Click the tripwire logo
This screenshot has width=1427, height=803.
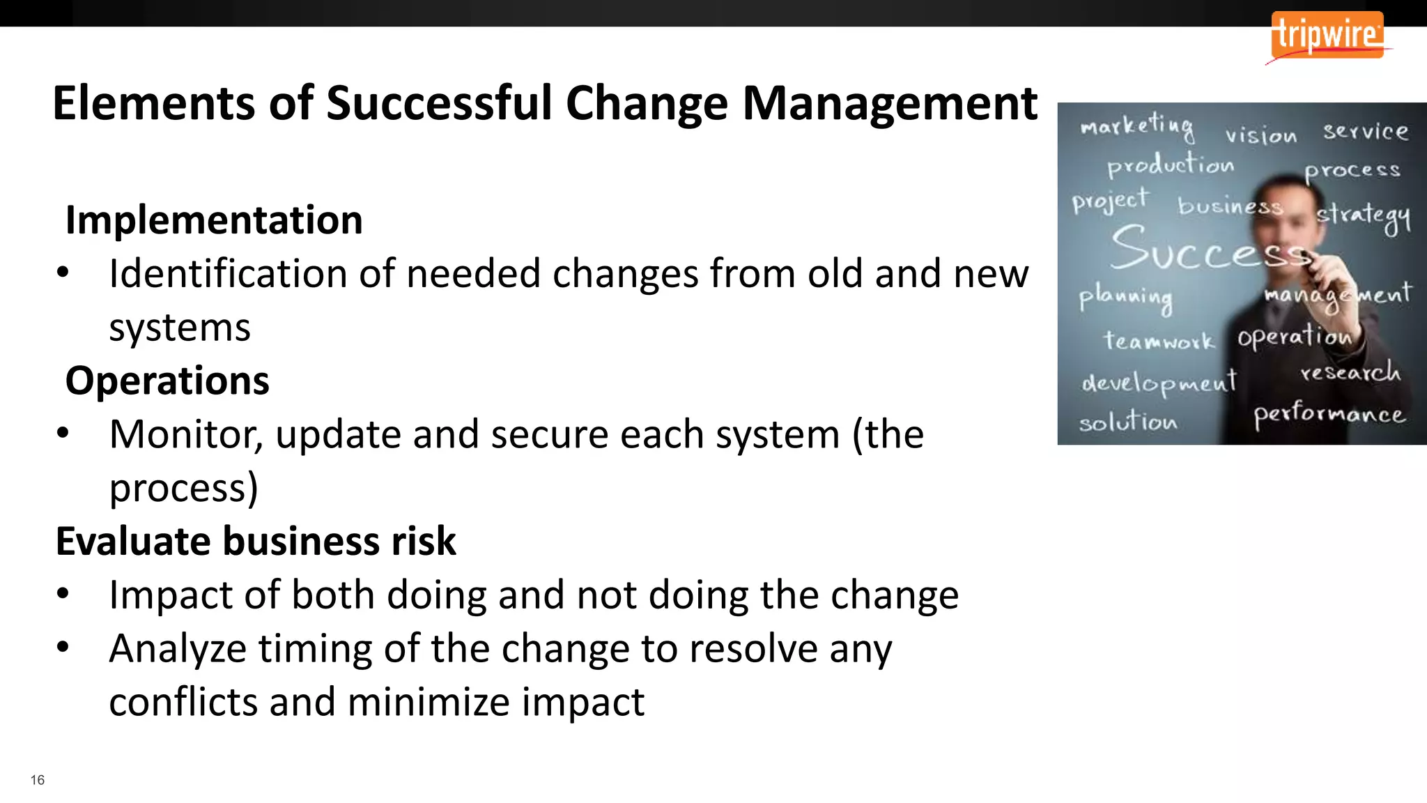click(1327, 35)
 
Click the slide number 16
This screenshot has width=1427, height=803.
click(38, 780)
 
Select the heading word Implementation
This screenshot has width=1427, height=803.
click(214, 220)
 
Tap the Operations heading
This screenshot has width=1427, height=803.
click(167, 381)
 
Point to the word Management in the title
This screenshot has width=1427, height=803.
click(890, 103)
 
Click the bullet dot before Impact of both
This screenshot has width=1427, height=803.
click(63, 594)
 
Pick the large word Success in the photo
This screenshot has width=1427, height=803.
click(1209, 250)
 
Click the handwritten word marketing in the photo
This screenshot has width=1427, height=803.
click(1136, 125)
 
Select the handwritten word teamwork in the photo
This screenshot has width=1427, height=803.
click(1158, 341)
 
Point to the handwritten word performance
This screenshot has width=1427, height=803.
click(1329, 414)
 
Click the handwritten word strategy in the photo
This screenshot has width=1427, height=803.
click(1363, 216)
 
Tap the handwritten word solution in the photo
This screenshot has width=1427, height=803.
click(1128, 421)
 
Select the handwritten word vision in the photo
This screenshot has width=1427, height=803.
click(1261, 134)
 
